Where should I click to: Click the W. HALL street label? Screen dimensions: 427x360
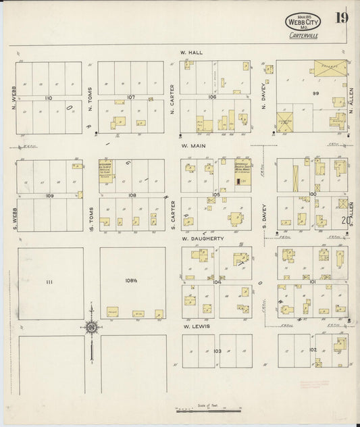click(x=187, y=52)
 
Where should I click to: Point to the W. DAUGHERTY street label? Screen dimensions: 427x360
click(x=197, y=238)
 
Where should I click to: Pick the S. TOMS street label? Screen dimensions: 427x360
click(x=90, y=213)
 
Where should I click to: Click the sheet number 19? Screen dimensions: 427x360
click(x=342, y=18)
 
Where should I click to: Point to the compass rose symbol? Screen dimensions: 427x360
click(x=91, y=328)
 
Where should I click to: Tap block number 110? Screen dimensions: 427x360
click(x=48, y=99)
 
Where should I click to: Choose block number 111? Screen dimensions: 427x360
click(x=49, y=280)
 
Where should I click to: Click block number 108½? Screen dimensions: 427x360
click(x=132, y=280)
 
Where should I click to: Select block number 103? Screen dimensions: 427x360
click(x=217, y=351)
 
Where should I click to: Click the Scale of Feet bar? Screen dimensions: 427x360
click(x=207, y=409)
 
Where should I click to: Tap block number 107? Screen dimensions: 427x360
click(x=131, y=97)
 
